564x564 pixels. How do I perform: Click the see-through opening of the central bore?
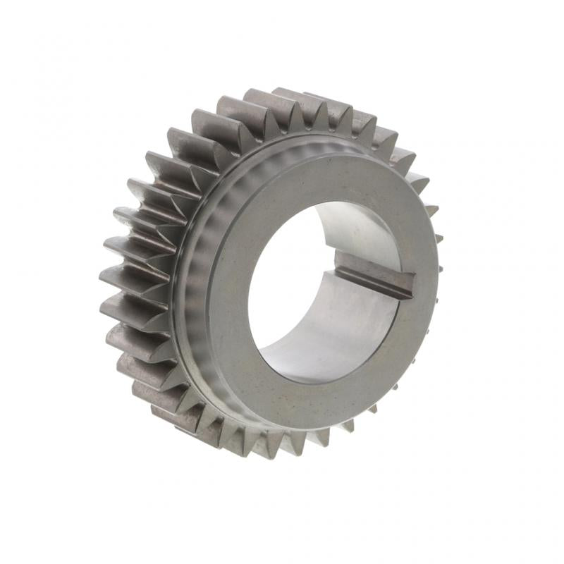click(x=282, y=282)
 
